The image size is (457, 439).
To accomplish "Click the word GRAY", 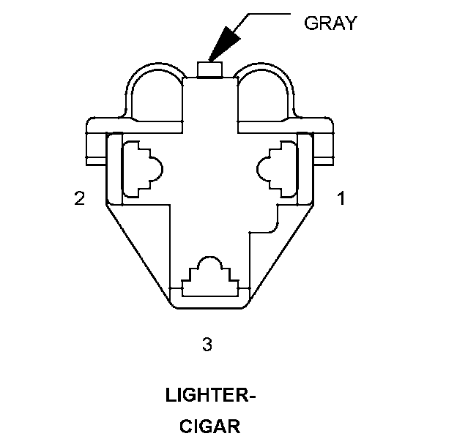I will (330, 23).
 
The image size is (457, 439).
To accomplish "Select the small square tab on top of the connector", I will (210, 70).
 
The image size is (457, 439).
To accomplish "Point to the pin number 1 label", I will (341, 198).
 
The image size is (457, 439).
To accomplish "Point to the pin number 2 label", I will (79, 198).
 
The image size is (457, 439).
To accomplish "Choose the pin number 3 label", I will (207, 344).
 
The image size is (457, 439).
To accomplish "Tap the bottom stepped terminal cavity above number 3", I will (210, 278).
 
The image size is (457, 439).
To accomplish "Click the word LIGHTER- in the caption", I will (211, 397).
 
